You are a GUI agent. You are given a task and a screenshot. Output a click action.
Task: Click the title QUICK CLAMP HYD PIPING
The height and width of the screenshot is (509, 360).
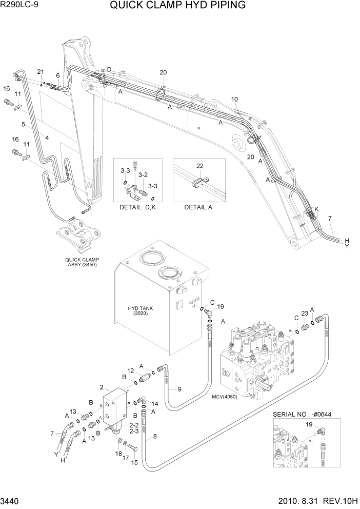pos(177,6)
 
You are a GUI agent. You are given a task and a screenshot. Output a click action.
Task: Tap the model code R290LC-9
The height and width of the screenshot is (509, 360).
pos(19,6)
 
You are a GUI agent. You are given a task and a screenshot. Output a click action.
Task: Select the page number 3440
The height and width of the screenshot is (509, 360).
pos(11,501)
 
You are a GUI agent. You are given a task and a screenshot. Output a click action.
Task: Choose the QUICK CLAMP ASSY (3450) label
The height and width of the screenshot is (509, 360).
pos(82,262)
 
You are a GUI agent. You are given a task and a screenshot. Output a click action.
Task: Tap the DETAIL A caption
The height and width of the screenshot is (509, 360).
pos(198,207)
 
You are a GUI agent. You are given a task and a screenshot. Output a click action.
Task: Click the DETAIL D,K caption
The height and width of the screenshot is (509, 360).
pos(137,207)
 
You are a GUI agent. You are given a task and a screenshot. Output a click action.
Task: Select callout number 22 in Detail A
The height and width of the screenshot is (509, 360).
pos(199,165)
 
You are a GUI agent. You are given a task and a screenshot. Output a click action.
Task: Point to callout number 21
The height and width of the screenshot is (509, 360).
pos(41,71)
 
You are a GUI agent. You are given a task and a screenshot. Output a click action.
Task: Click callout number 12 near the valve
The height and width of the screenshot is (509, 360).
pos(130,370)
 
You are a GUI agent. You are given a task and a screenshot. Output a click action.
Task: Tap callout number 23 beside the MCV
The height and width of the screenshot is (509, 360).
pos(304,314)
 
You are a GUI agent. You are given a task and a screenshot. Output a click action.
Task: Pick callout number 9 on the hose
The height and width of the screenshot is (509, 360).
pos(179,389)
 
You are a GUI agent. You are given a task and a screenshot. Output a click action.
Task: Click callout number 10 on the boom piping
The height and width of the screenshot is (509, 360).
pos(234,99)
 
